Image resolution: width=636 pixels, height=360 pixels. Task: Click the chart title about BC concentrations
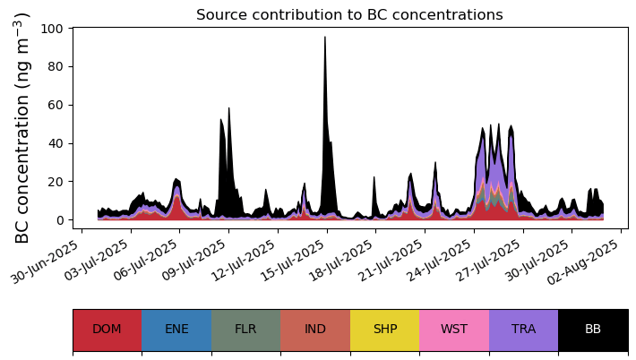[349, 15]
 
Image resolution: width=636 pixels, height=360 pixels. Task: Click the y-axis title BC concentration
[23, 127]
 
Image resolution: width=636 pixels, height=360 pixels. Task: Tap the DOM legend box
[107, 330]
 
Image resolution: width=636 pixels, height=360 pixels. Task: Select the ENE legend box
[176, 330]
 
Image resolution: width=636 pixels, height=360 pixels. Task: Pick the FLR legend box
[245, 330]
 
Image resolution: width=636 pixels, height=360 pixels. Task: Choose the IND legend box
[315, 330]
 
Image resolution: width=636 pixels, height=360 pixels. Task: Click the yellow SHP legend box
[384, 330]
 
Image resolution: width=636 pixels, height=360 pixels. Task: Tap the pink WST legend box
[454, 330]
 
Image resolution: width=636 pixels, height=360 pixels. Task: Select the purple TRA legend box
[523, 330]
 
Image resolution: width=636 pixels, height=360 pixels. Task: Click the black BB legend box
[593, 330]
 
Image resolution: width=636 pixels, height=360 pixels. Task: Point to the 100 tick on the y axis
[52, 29]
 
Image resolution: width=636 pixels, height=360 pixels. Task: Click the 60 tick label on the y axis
[56, 105]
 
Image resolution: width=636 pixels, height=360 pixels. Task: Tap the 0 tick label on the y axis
[59, 220]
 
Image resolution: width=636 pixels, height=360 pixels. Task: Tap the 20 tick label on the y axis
[56, 182]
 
